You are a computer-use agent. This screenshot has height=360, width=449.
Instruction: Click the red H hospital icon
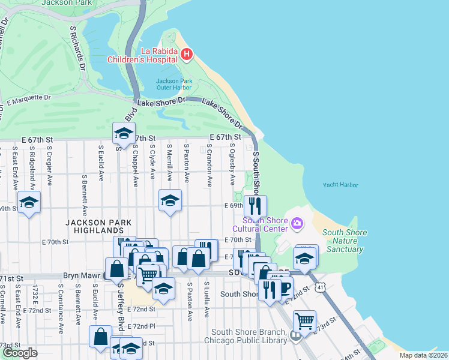pos(186,55)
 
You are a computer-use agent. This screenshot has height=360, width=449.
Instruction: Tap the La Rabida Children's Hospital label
pos(142,55)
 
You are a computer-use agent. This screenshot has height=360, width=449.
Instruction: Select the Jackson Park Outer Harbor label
pos(174,85)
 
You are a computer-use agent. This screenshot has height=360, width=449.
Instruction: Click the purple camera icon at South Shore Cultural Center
pos(297,224)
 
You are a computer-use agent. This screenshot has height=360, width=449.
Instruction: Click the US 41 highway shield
pos(322,287)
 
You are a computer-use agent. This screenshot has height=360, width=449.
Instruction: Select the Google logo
pos(20,353)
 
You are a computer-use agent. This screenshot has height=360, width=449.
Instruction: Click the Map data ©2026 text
pos(423,355)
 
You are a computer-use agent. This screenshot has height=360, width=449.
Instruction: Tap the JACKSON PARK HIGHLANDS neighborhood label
pos(95,226)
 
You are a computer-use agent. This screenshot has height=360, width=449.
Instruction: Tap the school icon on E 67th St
pos(124,133)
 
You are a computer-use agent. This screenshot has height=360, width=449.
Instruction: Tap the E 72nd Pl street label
pos(142,326)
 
